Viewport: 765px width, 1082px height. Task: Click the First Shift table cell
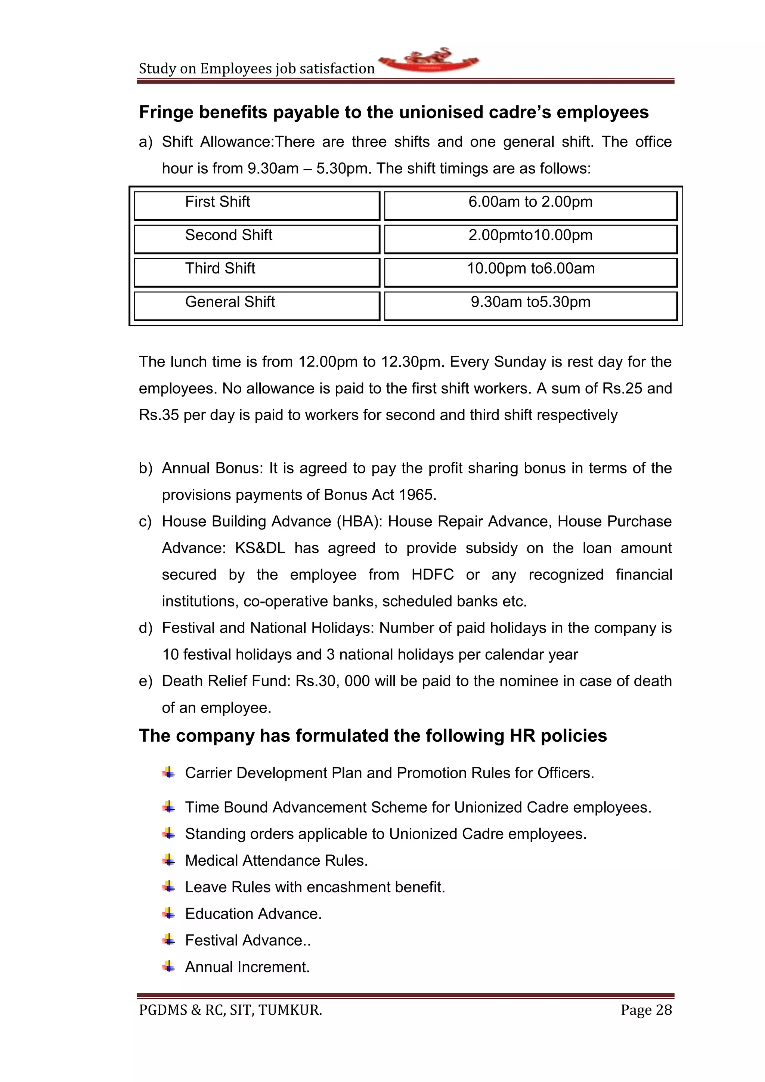pos(257,205)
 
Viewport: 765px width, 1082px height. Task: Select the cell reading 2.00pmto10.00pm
pos(530,238)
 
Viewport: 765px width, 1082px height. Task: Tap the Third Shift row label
pos(257,272)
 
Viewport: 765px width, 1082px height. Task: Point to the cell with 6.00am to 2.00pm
pos(530,205)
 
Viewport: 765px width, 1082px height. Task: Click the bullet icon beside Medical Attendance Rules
pos(168,860)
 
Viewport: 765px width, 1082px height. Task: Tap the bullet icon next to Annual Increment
pos(168,967)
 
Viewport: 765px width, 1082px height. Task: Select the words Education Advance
pos(253,913)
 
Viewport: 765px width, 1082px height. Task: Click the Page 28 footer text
pos(646,1010)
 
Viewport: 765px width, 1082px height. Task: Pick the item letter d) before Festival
pos(145,628)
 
